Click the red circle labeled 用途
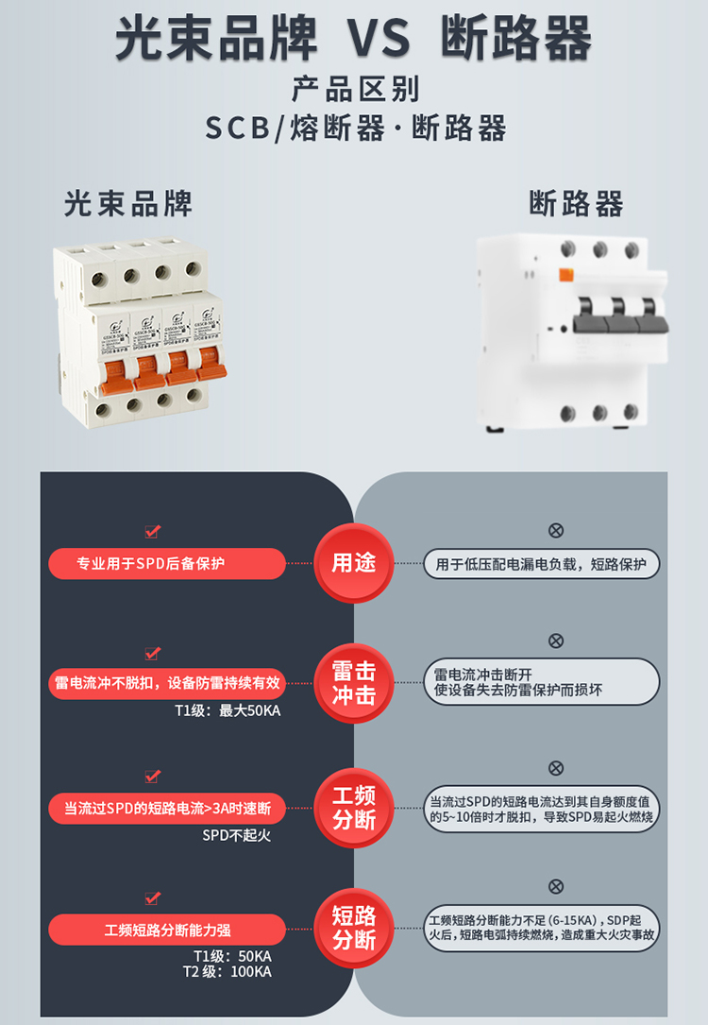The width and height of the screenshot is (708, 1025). pyautogui.click(x=354, y=564)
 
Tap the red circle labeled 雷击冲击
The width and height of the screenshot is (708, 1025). pyautogui.click(x=354, y=683)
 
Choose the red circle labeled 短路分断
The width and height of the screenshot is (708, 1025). pyautogui.click(x=354, y=928)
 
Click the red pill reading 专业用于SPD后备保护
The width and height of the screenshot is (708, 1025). pyautogui.click(x=167, y=564)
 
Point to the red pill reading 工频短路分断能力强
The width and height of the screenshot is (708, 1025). pyautogui.click(x=167, y=930)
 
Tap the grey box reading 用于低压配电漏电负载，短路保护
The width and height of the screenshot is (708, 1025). pyautogui.click(x=541, y=564)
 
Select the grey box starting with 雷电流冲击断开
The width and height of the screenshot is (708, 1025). pyautogui.click(x=541, y=682)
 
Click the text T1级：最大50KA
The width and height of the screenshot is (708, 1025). pyautogui.click(x=228, y=710)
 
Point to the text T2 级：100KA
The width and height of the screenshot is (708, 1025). pyautogui.click(x=228, y=971)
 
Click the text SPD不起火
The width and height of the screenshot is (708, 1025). pyautogui.click(x=236, y=835)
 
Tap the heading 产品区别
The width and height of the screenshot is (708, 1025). pyautogui.click(x=354, y=90)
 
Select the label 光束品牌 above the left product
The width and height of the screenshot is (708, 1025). pyautogui.click(x=128, y=203)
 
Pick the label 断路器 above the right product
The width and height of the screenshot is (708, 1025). pyautogui.click(x=577, y=203)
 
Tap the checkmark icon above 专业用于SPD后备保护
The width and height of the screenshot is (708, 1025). pyautogui.click(x=152, y=533)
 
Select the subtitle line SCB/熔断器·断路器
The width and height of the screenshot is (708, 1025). pyautogui.click(x=355, y=128)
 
